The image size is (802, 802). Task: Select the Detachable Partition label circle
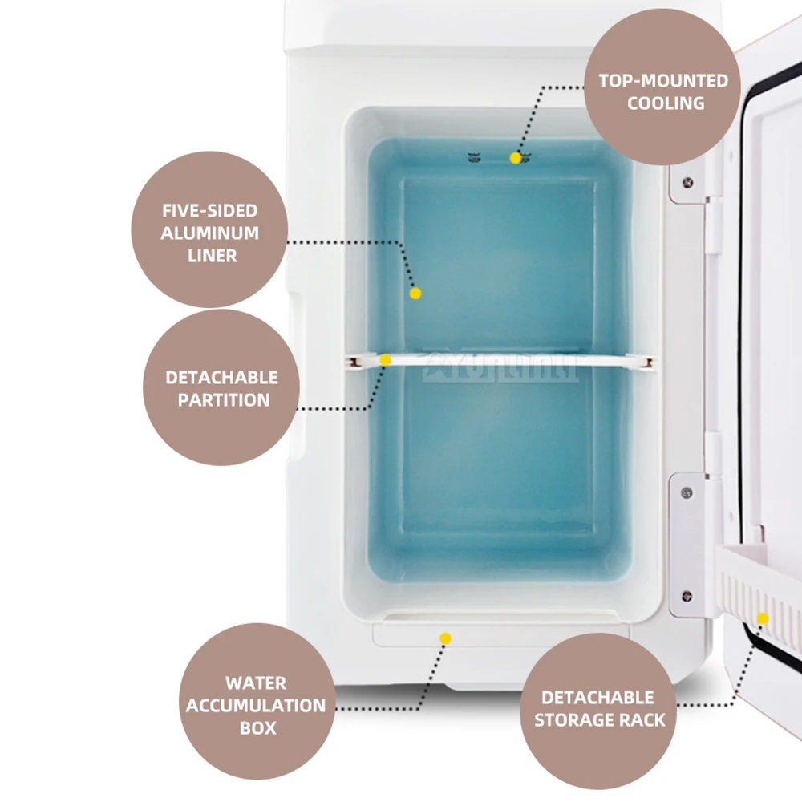pyautogui.click(x=221, y=387)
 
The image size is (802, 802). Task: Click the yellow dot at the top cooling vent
pyautogui.click(x=515, y=158)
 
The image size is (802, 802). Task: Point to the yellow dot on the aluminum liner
pyautogui.click(x=415, y=294)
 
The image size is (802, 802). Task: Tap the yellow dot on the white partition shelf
pyautogui.click(x=385, y=360)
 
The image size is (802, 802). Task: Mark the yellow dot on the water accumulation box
pyautogui.click(x=446, y=638)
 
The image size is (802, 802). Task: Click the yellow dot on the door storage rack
pyautogui.click(x=763, y=618)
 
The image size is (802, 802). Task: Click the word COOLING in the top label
pyautogui.click(x=666, y=103)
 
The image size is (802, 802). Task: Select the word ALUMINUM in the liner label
pyautogui.click(x=210, y=233)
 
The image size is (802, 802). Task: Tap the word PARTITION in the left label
pyautogui.click(x=224, y=399)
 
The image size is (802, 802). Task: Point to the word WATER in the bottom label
pyautogui.click(x=256, y=683)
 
